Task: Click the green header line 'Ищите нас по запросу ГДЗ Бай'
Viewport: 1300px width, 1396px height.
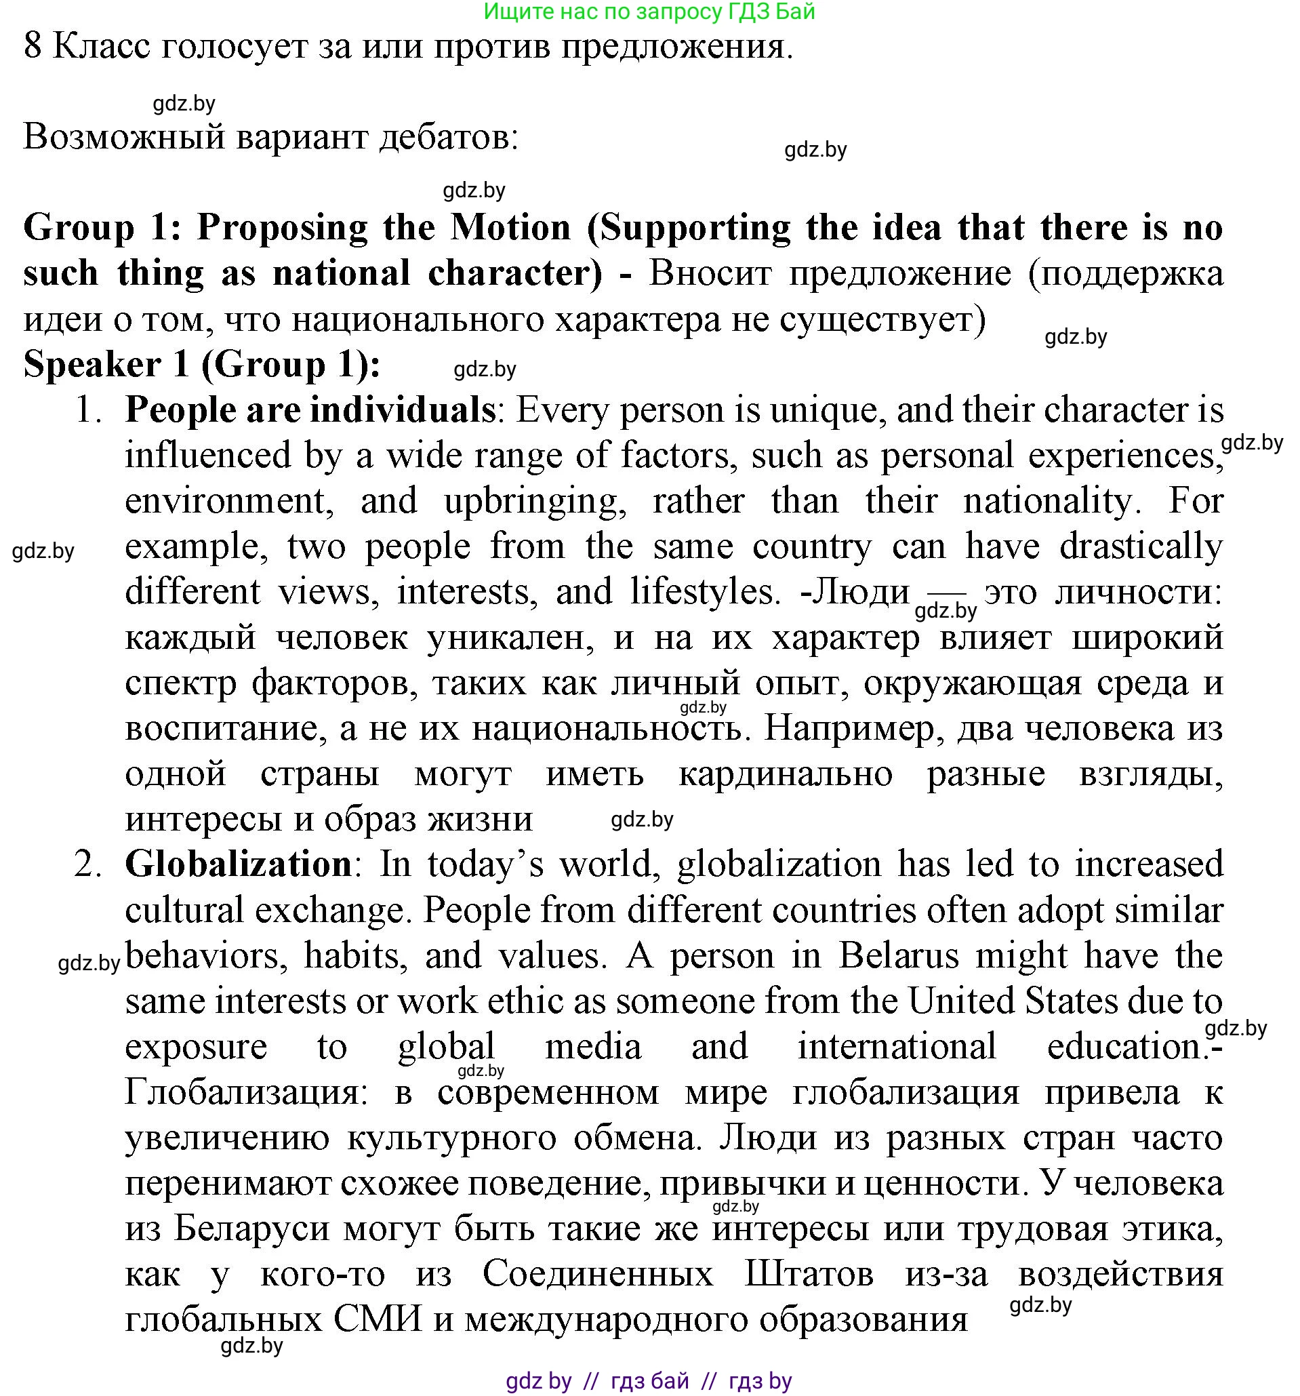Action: point(649,12)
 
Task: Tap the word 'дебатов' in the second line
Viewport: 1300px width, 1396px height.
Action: point(448,136)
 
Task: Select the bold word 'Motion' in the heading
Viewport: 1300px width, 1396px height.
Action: point(510,228)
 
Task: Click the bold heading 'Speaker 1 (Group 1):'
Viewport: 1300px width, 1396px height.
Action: point(202,365)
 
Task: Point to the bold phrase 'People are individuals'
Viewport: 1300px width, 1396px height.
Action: point(310,410)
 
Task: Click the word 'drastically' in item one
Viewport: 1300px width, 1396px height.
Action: point(1141,546)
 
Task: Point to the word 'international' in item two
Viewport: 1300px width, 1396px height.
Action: point(897,1046)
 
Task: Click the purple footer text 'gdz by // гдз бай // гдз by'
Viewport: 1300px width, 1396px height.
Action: point(649,1381)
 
